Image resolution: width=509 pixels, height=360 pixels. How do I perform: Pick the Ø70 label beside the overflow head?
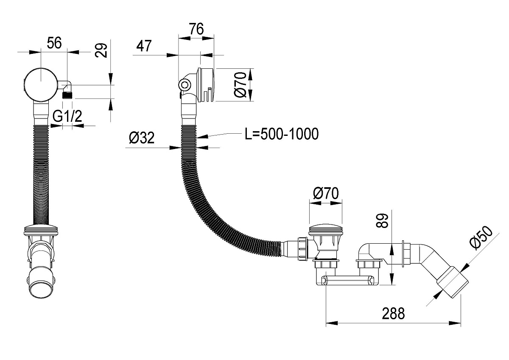click(240, 85)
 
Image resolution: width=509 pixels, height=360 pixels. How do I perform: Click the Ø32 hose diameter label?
click(141, 138)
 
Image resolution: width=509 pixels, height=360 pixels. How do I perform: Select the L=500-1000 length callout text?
click(281, 134)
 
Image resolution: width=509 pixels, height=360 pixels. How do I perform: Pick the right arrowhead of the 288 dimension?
click(457, 323)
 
